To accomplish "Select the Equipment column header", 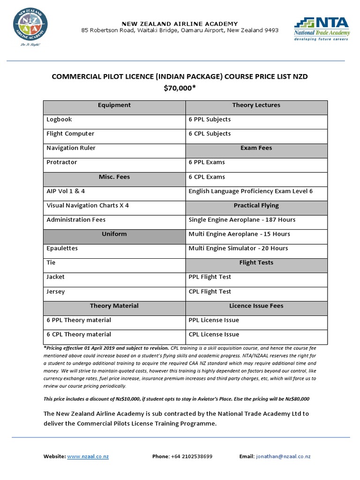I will [x=114, y=105].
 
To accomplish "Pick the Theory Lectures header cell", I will [x=256, y=105].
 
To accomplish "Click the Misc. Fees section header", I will [x=114, y=177].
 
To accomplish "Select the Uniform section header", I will [x=114, y=234].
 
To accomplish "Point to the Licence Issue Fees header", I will [x=256, y=306].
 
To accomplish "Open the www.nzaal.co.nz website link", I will [x=88, y=456].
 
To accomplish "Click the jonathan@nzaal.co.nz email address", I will [x=283, y=456].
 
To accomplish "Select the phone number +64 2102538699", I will [x=191, y=456].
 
